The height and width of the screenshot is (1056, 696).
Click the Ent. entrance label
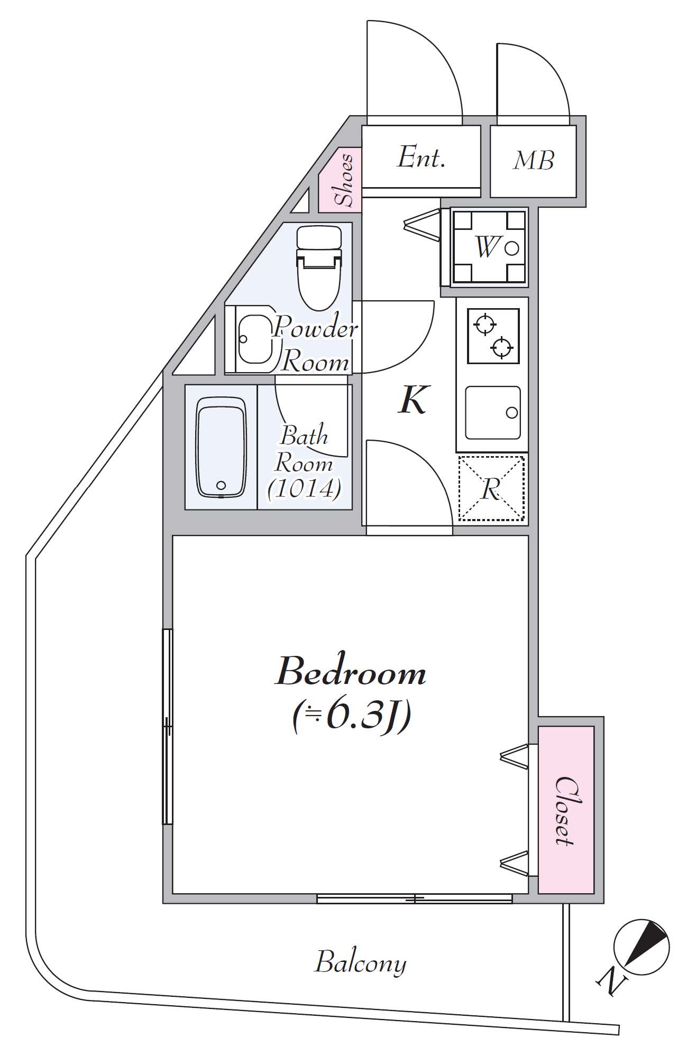click(421, 158)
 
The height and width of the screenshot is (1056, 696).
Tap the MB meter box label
click(533, 161)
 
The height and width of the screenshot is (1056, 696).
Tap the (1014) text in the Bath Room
click(304, 488)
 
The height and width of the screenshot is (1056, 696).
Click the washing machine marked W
click(489, 247)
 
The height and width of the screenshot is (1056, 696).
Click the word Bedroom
click(350, 673)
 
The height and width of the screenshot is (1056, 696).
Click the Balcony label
click(361, 963)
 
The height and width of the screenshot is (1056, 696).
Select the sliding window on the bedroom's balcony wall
click(415, 898)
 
